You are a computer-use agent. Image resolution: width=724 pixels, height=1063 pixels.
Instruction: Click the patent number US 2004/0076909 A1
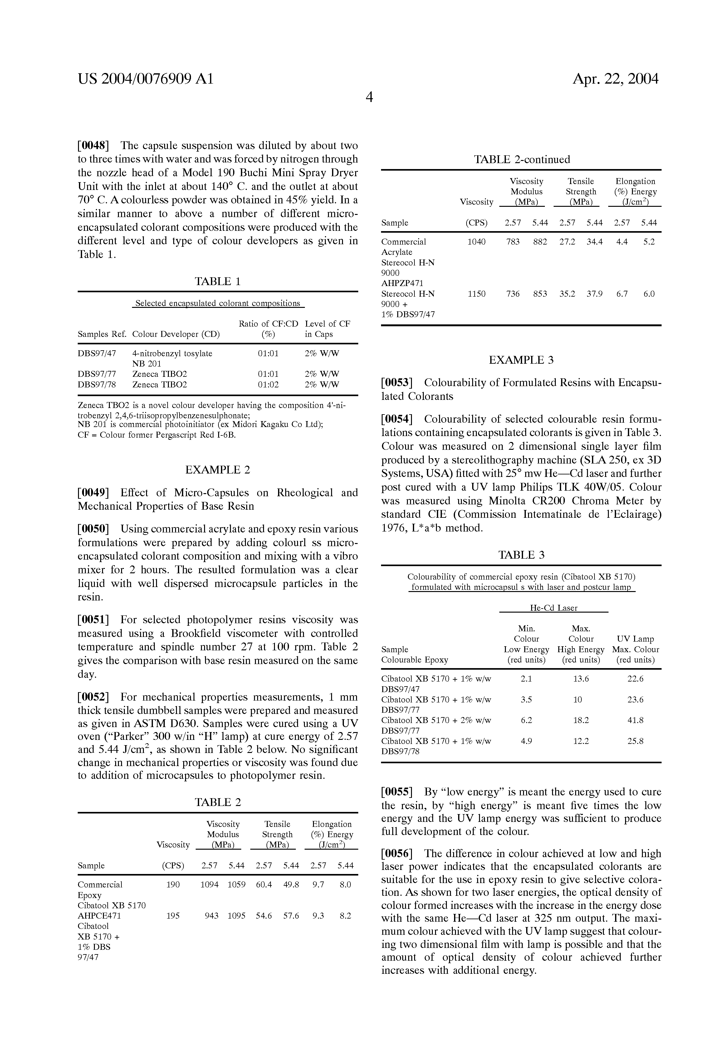pyautogui.click(x=145, y=79)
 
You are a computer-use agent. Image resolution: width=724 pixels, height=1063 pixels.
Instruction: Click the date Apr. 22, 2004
pyautogui.click(x=615, y=79)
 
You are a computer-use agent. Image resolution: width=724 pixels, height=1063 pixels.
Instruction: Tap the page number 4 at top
pyautogui.click(x=369, y=97)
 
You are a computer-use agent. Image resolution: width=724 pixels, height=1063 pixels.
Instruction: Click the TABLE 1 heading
pyautogui.click(x=218, y=281)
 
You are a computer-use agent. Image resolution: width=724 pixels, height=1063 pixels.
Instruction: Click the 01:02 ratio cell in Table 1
pyautogui.click(x=268, y=384)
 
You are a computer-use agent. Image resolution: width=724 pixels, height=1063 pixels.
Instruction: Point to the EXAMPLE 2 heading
pyautogui.click(x=218, y=470)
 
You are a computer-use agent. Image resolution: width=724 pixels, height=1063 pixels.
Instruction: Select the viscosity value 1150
pyautogui.click(x=477, y=294)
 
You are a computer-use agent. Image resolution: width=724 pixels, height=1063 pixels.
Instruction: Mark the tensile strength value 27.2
pyautogui.click(x=567, y=241)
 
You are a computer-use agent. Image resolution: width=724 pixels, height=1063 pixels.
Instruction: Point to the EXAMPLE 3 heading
pyautogui.click(x=521, y=360)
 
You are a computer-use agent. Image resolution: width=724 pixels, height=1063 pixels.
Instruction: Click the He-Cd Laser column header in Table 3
pyautogui.click(x=554, y=608)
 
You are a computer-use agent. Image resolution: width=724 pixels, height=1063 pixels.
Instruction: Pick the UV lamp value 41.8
pyautogui.click(x=635, y=720)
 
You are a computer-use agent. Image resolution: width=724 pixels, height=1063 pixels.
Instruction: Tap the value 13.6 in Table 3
pyautogui.click(x=581, y=679)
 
